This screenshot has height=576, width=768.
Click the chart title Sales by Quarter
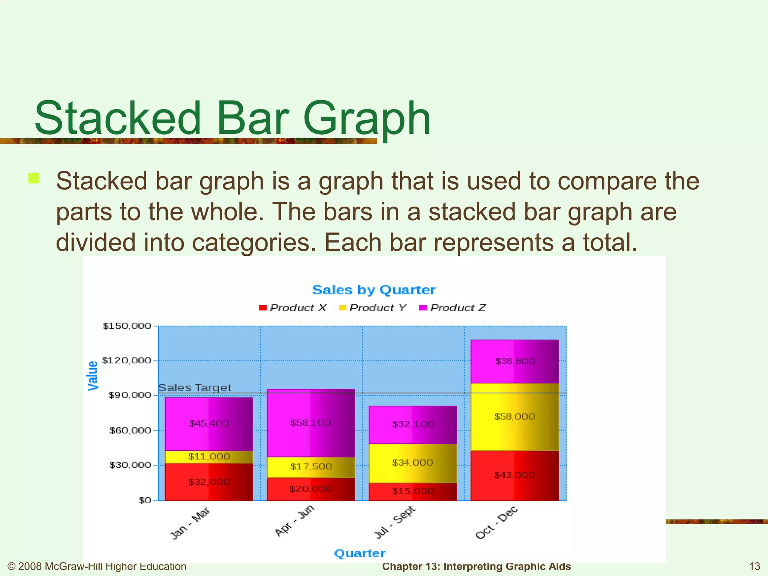tap(373, 290)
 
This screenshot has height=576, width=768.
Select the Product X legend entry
tap(293, 308)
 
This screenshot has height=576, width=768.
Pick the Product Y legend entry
tap(373, 308)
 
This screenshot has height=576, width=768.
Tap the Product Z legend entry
tap(453, 308)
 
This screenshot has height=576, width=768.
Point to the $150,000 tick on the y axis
tap(127, 326)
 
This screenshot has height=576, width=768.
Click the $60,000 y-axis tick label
tap(130, 430)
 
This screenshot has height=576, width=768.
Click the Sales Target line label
tap(194, 388)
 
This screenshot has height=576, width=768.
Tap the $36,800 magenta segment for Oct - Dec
tap(514, 361)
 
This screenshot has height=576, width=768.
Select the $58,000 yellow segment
tap(514, 417)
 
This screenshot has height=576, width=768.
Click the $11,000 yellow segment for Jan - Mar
tap(209, 457)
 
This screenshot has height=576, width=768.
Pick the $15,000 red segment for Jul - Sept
tap(412, 491)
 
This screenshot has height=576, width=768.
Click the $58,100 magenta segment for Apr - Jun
tap(310, 423)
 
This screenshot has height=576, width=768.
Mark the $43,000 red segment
tap(514, 475)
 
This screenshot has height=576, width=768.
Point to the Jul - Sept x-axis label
tap(395, 522)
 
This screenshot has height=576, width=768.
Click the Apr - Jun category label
tap(295, 521)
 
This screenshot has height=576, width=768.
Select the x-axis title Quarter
tap(360, 553)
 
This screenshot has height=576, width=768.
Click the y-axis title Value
tap(93, 376)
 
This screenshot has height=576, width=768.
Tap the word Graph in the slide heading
tap(366, 118)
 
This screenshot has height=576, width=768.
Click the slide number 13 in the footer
tap(754, 566)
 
